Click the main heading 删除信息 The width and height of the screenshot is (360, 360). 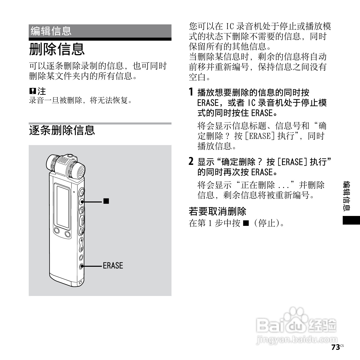57,49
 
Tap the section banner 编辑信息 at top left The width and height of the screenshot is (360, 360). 51,31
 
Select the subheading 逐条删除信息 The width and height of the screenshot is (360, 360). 62,130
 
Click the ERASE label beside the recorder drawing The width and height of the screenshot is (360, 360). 113,266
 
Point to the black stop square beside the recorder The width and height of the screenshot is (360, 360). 106,201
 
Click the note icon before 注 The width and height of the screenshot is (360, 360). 32,91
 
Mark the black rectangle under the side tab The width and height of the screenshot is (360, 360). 351,220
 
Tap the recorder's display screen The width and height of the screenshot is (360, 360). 63,207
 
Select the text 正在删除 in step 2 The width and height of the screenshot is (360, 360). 258,185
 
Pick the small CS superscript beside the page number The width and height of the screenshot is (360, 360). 342,346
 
